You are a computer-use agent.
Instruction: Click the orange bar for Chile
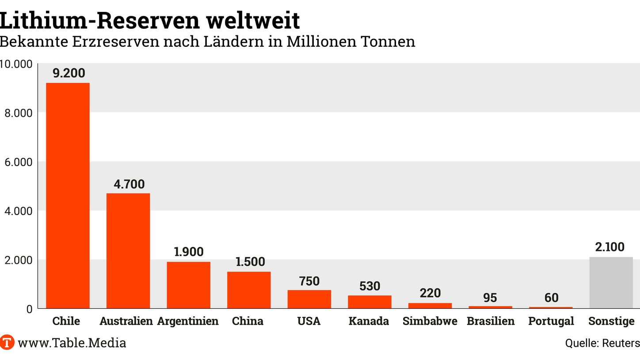click(x=68, y=195)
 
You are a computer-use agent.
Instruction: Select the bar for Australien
click(x=128, y=250)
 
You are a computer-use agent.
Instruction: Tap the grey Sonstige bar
click(x=611, y=283)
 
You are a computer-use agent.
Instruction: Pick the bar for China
click(x=249, y=290)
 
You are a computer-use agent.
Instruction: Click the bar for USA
click(x=309, y=299)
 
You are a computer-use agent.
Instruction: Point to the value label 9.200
click(x=69, y=73)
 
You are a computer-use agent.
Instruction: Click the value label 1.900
click(x=189, y=252)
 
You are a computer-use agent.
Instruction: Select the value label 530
click(x=370, y=286)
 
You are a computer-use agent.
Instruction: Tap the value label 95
click(x=490, y=297)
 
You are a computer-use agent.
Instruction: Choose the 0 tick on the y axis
click(x=29, y=309)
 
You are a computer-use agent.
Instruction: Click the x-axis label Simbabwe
click(x=430, y=321)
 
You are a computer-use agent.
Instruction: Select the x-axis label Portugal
click(x=551, y=321)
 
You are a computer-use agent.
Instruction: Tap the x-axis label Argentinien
click(x=188, y=321)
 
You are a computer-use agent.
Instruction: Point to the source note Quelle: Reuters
click(x=602, y=343)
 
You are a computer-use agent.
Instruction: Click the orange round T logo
click(x=7, y=342)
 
